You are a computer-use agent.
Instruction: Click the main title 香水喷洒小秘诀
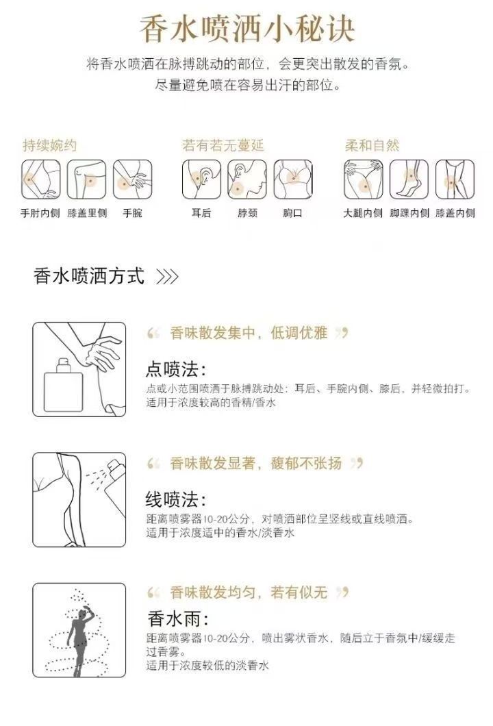247,29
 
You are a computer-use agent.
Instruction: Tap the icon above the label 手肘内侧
40,179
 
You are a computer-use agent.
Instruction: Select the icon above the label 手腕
132,179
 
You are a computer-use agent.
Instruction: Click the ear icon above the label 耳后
201,179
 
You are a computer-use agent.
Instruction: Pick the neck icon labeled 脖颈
247,179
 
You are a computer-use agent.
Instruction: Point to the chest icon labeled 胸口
293,179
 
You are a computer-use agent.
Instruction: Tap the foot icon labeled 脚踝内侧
409,179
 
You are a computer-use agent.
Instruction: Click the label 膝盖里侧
87,213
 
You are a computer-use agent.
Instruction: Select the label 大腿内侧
363,213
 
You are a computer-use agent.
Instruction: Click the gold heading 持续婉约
49,145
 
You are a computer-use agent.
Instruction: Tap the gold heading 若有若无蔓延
223,145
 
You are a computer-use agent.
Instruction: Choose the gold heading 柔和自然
372,145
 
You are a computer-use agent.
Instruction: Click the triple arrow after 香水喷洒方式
167,277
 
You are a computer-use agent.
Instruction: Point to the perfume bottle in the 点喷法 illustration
63,386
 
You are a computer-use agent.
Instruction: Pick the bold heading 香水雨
178,618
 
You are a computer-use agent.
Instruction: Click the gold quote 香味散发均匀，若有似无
249,592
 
